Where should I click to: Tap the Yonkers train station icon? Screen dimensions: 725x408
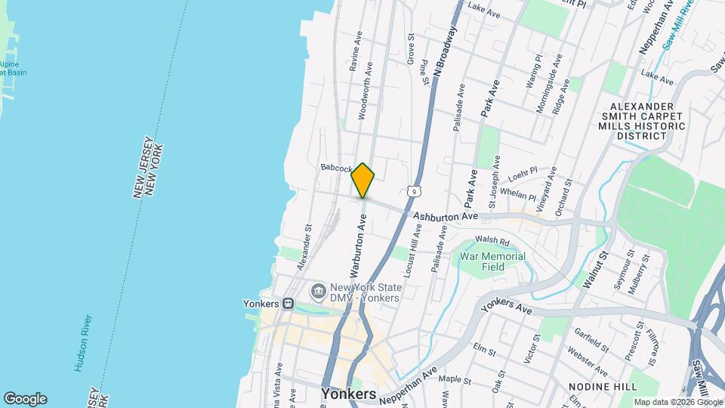288,303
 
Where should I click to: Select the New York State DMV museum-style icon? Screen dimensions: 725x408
317,291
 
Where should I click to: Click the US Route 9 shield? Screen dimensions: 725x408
412,192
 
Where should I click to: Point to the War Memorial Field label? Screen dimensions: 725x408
492,261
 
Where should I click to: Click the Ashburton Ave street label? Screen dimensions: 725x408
446,216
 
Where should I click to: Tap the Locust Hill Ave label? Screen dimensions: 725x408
412,256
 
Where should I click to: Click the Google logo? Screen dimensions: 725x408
25,398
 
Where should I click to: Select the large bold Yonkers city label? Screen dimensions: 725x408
348,394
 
